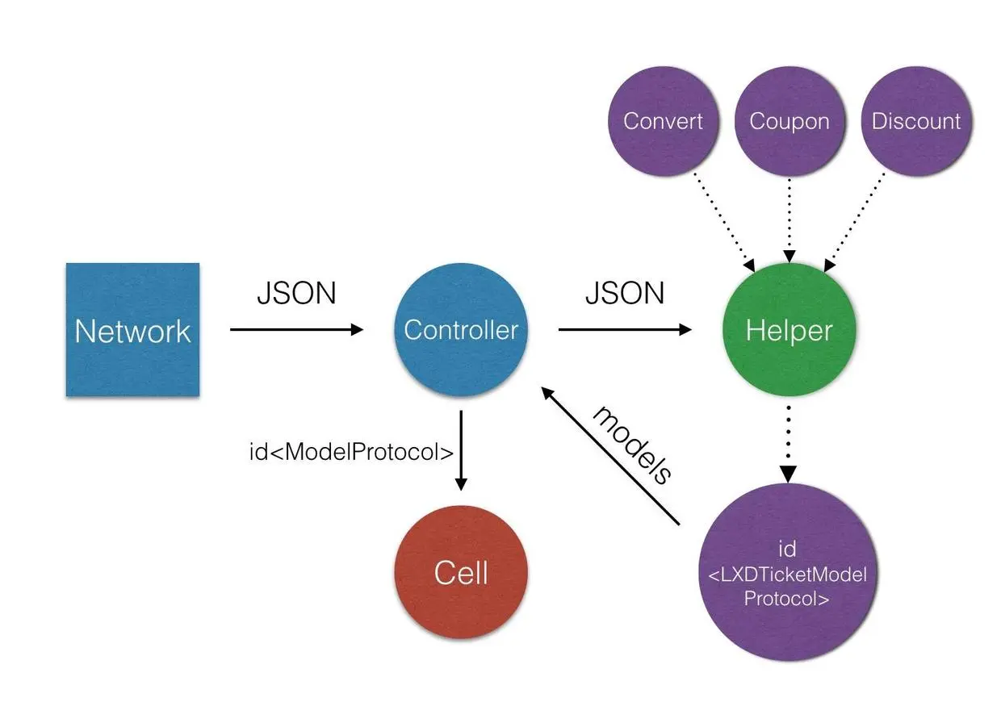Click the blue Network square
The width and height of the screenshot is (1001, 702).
(132, 329)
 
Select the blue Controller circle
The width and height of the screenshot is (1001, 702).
(461, 329)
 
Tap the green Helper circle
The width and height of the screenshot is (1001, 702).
(789, 329)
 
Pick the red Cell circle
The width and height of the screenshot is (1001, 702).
(461, 572)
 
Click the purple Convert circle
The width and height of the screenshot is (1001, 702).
(664, 121)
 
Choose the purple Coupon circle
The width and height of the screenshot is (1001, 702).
(789, 121)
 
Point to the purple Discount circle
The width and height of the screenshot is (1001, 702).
(916, 121)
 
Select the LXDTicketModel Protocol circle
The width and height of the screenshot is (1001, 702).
(787, 572)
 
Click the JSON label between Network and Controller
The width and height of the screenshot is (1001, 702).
(296, 294)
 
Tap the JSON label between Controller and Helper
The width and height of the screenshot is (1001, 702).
(625, 294)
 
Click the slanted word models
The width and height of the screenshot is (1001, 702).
(631, 445)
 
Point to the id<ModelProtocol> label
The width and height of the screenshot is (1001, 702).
(351, 452)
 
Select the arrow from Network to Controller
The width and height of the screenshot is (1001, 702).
(297, 329)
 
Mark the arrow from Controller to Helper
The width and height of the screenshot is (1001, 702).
(625, 329)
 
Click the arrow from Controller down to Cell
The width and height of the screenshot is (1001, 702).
(461, 450)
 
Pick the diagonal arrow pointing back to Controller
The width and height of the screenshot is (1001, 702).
(610, 456)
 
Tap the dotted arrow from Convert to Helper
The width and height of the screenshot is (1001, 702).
(724, 222)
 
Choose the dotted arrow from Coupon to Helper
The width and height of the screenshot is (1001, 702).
(789, 220)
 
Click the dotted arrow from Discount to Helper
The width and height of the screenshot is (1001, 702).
(854, 222)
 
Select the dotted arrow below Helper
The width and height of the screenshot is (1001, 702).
(788, 445)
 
